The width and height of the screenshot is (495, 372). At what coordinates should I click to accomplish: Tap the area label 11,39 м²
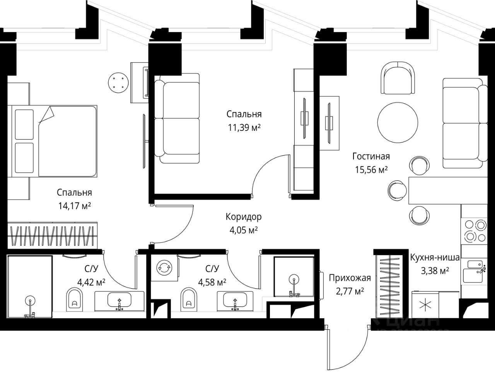coord(244,128)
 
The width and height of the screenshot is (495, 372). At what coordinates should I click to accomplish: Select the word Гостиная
coord(371,156)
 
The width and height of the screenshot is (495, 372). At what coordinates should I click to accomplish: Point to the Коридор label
coord(244,217)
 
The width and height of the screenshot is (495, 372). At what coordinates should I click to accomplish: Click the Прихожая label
coord(350,278)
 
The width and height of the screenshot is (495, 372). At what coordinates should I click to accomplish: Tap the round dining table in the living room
coord(398,123)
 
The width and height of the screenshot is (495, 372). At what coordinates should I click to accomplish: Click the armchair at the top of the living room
coord(398,77)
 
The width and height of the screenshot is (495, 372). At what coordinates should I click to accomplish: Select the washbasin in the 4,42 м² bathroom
coord(119,301)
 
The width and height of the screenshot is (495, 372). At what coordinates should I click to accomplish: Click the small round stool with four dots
coord(118,82)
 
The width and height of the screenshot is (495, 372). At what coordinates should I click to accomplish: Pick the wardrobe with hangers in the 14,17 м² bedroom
coord(52,235)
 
